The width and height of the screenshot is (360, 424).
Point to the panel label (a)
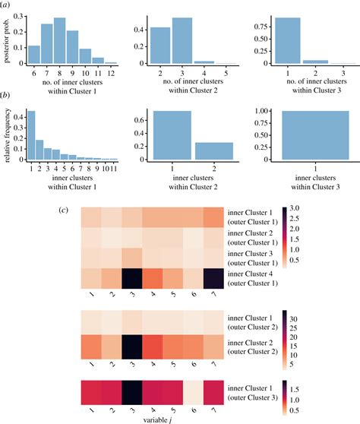[5, 5]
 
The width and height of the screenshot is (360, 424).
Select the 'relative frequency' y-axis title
[7, 135]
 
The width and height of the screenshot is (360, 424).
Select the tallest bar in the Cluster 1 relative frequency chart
[31, 135]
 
